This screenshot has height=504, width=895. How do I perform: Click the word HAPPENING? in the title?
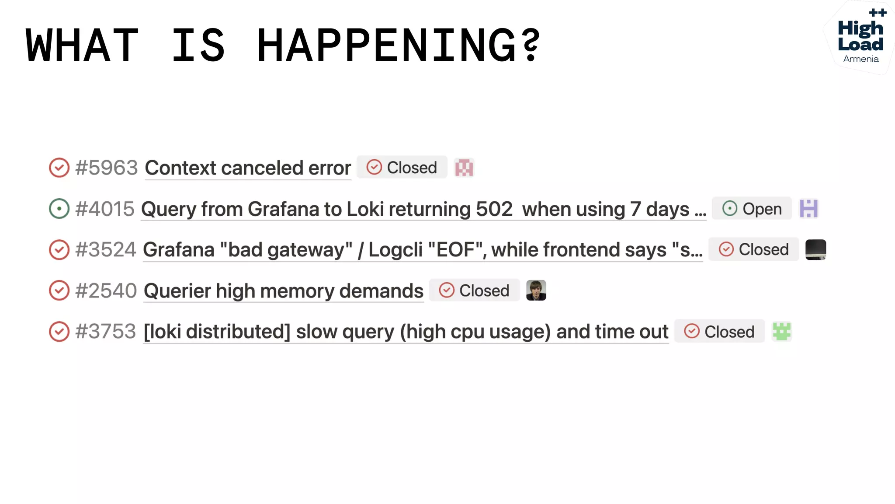tap(399, 45)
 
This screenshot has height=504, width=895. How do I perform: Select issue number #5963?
tap(106, 168)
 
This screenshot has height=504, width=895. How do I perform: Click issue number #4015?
tap(104, 209)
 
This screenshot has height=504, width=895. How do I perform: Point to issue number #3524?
tap(106, 250)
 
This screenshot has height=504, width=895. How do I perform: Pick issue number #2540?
tap(106, 291)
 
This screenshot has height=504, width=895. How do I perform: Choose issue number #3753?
tap(105, 332)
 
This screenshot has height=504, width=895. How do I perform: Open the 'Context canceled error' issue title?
tap(248, 168)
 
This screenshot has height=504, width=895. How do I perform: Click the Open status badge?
tap(752, 209)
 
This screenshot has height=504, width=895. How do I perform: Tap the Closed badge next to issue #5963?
tap(402, 168)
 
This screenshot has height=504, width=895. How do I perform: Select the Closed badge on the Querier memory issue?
tap(474, 290)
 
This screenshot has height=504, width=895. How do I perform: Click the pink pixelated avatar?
tap(464, 168)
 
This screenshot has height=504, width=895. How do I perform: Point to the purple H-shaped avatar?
tap(808, 208)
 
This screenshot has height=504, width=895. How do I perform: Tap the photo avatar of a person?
tap(536, 290)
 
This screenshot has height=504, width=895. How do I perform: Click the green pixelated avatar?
tap(781, 331)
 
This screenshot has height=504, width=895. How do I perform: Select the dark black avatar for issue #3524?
tap(815, 249)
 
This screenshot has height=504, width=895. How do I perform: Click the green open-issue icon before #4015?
tap(59, 209)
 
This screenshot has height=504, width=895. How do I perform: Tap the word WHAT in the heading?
tap(82, 45)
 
